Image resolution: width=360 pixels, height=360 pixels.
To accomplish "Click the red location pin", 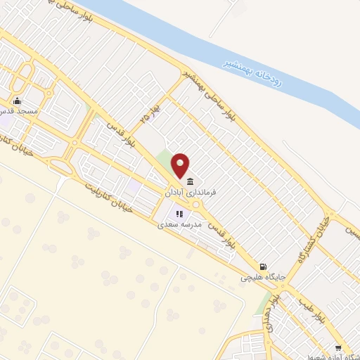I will click(181, 165).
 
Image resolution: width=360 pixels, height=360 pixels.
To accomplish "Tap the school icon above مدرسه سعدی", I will click(179, 214).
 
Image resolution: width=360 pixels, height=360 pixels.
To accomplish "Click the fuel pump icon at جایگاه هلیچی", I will click(263, 266).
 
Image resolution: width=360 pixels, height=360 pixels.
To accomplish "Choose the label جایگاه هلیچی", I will click(259, 278).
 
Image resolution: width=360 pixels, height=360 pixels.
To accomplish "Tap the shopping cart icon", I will click(338, 348).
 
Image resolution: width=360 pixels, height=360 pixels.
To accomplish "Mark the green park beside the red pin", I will click(165, 164).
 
